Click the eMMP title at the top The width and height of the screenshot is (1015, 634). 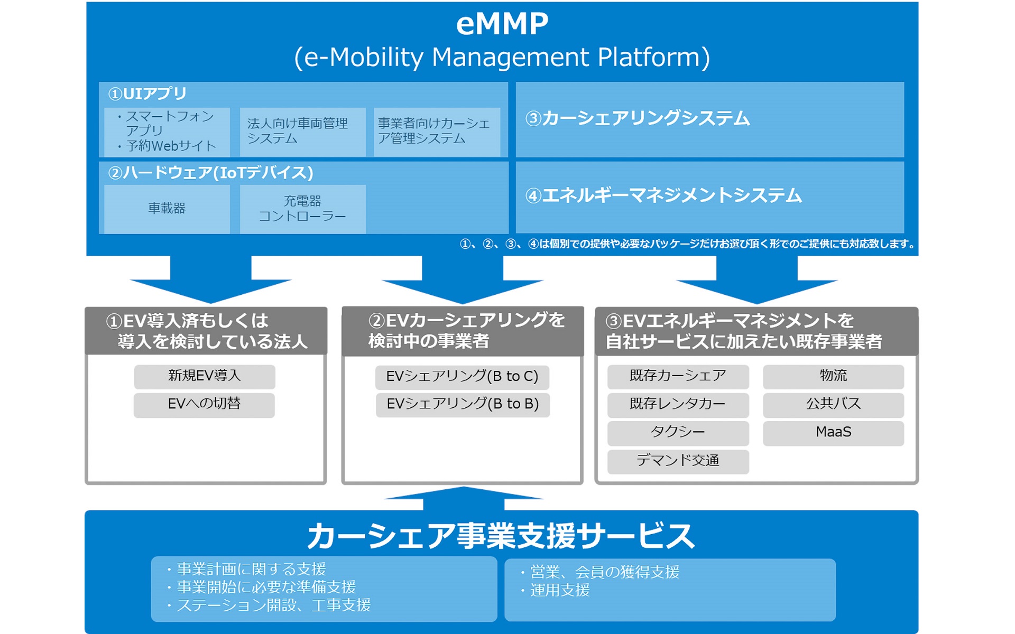coord(502,24)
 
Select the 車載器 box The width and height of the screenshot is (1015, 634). coord(167,209)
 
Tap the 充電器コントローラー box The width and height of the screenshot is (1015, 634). coord(302,209)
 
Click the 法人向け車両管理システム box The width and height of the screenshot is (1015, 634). coord(302,132)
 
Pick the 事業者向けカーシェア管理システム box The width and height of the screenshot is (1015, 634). coord(437,132)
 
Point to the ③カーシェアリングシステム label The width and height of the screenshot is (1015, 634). coord(637,118)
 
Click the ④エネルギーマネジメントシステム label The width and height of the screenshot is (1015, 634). coord(663,196)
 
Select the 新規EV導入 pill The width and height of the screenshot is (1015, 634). coord(205,376)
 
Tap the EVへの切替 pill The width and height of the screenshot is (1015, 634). coord(204,404)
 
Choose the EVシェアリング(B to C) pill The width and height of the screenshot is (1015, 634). coord(462,377)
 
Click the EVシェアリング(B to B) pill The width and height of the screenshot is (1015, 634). coord(463,404)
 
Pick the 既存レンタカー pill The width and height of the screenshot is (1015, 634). coord(678,404)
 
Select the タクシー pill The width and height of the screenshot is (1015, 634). coord(678,432)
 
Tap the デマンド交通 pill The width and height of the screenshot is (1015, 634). coord(678,461)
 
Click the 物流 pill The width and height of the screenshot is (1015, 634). coord(833,376)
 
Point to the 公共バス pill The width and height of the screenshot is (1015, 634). coord(833,404)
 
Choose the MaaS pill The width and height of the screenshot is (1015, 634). coord(833,432)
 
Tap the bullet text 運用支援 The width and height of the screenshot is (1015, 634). coord(560,590)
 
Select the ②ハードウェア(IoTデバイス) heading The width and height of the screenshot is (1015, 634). coord(210,173)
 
